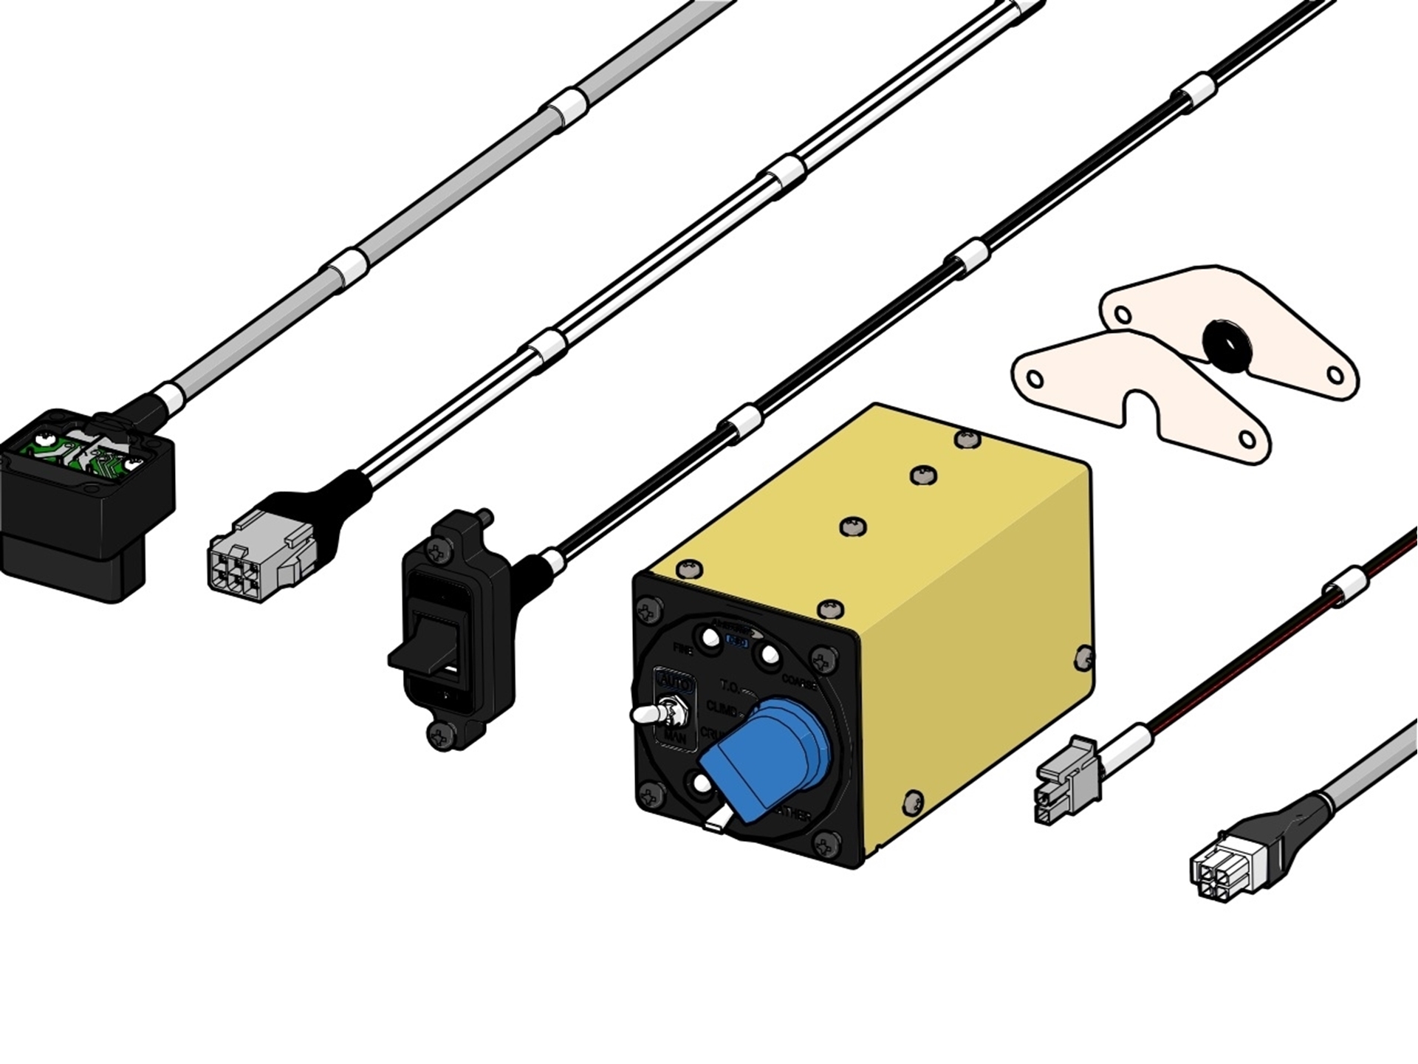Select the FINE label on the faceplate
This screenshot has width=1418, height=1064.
(x=683, y=649)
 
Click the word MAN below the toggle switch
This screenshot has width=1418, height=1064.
(x=675, y=738)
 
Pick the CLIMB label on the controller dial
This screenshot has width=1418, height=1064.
(x=722, y=708)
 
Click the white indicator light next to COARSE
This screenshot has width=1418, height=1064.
(x=769, y=655)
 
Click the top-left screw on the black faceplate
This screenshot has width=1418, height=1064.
(x=648, y=611)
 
